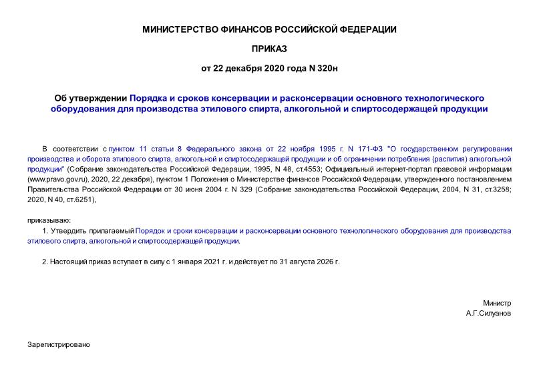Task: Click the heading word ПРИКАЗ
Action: point(269,49)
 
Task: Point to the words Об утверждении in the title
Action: point(90,98)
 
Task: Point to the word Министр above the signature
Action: point(497,302)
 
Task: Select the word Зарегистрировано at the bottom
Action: point(58,345)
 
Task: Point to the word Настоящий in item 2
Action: point(69,262)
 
